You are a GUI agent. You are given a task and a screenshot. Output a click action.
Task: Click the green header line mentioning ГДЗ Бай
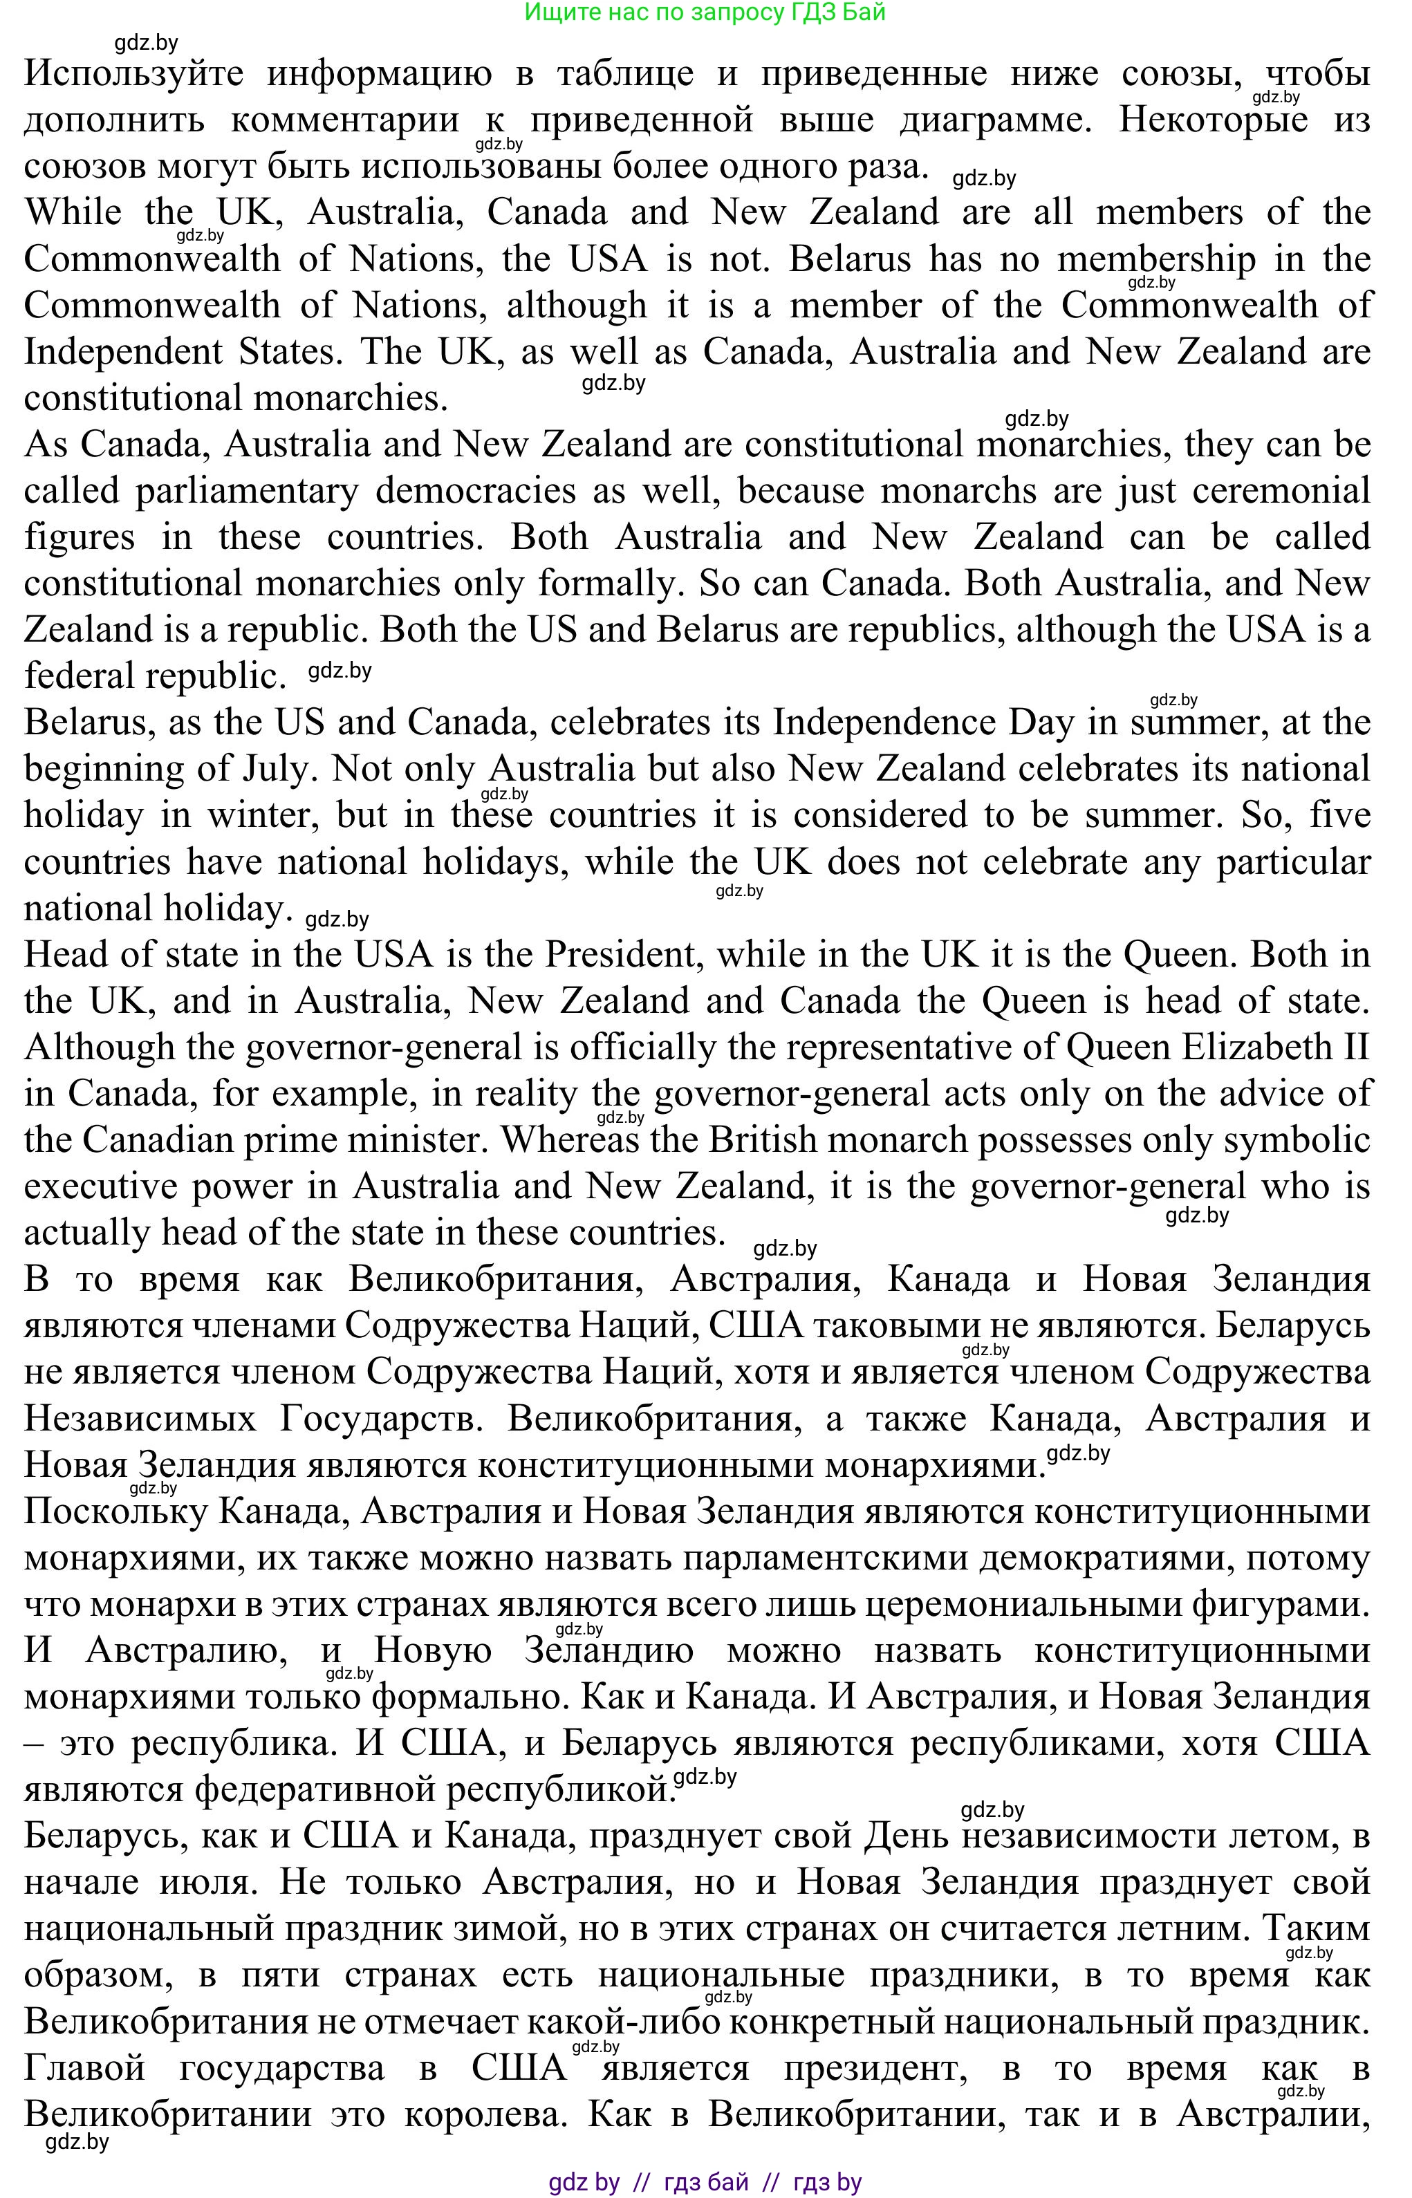click(705, 13)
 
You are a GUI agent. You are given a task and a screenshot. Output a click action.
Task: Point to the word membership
click(1156, 259)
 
